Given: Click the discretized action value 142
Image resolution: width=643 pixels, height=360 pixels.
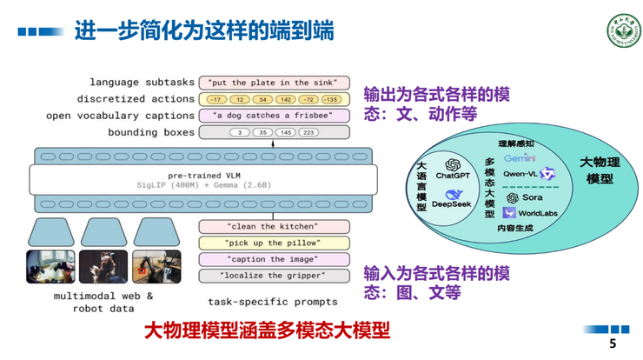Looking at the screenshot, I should pyautogui.click(x=284, y=99).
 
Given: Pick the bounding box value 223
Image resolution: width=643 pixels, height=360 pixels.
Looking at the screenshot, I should pyautogui.click(x=308, y=133).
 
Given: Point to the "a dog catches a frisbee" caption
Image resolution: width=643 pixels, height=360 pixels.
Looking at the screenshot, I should pyautogui.click(x=275, y=116).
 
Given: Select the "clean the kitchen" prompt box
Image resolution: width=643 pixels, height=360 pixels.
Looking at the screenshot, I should pyautogui.click(x=275, y=226).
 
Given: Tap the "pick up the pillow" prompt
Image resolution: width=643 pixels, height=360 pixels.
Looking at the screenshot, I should pyautogui.click(x=275, y=243).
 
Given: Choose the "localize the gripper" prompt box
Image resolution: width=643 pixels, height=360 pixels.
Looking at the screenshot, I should pyautogui.click(x=275, y=276).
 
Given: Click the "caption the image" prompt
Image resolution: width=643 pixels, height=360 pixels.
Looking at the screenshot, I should pyautogui.click(x=275, y=259).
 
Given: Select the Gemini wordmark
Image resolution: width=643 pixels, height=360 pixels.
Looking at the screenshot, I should pyautogui.click(x=520, y=158).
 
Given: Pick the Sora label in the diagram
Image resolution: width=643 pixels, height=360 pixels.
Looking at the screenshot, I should pyautogui.click(x=532, y=198).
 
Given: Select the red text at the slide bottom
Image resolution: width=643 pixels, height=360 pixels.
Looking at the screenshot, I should pyautogui.click(x=266, y=331).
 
